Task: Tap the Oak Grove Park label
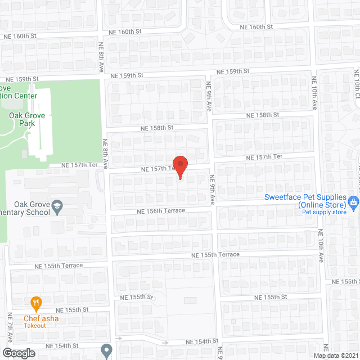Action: pos(22,119)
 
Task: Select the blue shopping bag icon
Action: pos(353,201)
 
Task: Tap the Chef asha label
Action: pos(40,319)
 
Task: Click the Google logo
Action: pos(18,353)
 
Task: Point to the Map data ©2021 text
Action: pos(335,355)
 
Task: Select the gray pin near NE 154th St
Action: pos(106,349)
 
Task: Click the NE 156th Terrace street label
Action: pos(160,211)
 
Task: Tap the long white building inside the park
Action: pos(39,121)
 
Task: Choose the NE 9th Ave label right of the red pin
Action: pos(213,191)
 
